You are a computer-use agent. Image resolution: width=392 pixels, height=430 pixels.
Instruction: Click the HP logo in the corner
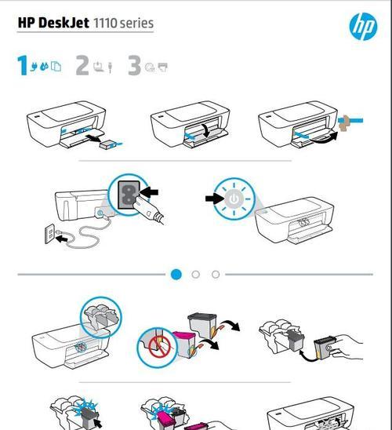coord(363,27)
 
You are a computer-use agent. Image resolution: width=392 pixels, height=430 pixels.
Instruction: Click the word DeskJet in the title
coord(64,23)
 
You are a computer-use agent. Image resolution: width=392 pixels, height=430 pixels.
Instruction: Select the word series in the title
coord(136,23)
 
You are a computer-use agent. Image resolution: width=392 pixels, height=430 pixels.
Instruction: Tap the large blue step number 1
coord(23,65)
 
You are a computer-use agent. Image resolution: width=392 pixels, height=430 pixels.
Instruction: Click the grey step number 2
coord(82,65)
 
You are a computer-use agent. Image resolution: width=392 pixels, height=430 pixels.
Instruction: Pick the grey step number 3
coord(135,65)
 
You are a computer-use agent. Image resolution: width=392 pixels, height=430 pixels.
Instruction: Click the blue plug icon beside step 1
coord(34,67)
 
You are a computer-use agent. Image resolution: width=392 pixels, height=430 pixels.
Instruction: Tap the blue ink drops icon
coord(44,66)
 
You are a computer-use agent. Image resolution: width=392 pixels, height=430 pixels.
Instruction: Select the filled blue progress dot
coord(176,274)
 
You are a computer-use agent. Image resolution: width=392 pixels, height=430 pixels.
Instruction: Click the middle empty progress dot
coord(195,274)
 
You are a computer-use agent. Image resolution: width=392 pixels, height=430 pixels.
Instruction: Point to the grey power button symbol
coord(234,199)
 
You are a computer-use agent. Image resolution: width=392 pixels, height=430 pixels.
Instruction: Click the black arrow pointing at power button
coord(214,199)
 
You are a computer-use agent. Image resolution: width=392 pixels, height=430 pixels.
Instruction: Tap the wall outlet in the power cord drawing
coord(49,233)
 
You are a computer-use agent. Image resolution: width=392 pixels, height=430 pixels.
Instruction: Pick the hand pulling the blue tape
coord(344,122)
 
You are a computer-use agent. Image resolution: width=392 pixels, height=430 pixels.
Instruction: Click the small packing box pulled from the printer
coord(108,145)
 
